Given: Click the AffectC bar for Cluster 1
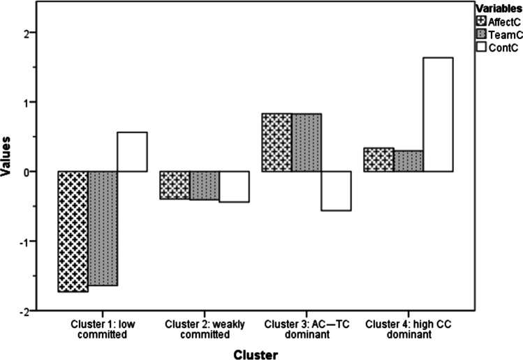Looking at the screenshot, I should point(73,231).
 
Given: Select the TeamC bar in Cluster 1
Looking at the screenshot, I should point(103,228).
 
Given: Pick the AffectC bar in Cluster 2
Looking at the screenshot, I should point(175,185).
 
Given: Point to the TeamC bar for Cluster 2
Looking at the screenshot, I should point(204,186).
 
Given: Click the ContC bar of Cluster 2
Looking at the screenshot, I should point(234,186).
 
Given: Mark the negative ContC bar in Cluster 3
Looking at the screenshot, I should point(336,190).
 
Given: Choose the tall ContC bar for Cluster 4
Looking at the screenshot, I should point(438,114).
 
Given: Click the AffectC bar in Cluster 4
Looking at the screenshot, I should point(378,160).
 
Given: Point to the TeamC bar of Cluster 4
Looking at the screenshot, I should point(408,160).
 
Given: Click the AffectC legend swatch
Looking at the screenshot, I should point(480,21).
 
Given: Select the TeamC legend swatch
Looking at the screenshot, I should point(480,34).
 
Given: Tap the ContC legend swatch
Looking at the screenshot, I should point(480,47).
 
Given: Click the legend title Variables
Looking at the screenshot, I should point(498,8).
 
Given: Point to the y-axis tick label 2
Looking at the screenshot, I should point(33,33).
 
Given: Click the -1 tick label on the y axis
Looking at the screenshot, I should point(31,241).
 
